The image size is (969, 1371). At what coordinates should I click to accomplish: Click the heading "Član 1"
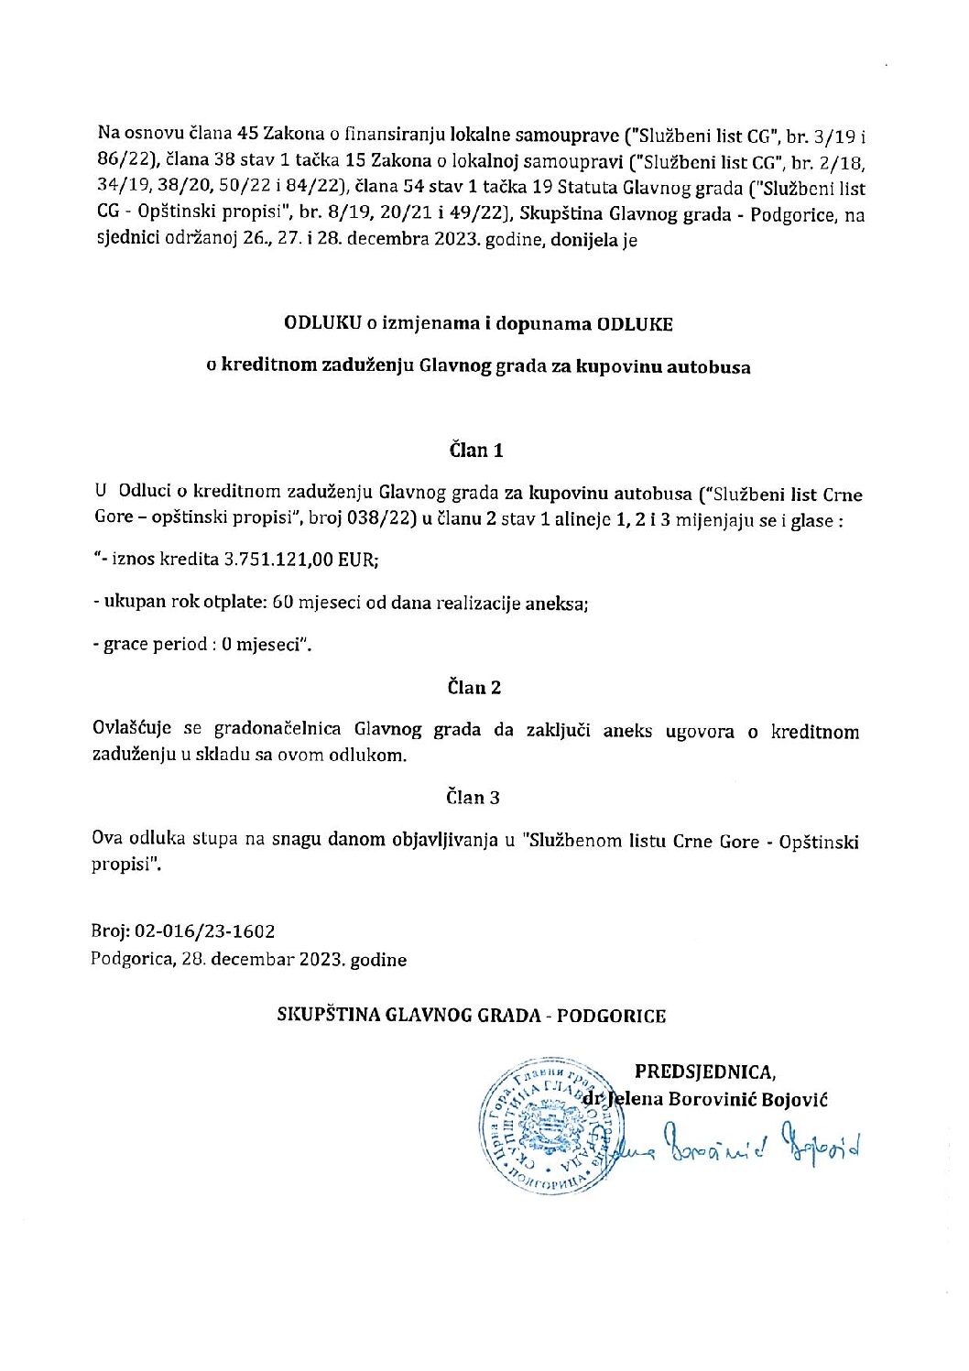[x=475, y=450]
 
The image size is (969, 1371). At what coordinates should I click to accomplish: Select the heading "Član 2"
[x=474, y=688]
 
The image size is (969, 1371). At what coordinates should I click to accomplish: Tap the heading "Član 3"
[x=473, y=798]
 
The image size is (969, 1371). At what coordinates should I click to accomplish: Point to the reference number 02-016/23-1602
[x=204, y=931]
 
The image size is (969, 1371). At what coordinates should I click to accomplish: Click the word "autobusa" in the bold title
[x=709, y=367]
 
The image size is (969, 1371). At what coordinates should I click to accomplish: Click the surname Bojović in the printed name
[x=794, y=1099]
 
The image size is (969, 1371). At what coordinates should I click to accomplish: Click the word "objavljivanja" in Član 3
[x=442, y=840]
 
